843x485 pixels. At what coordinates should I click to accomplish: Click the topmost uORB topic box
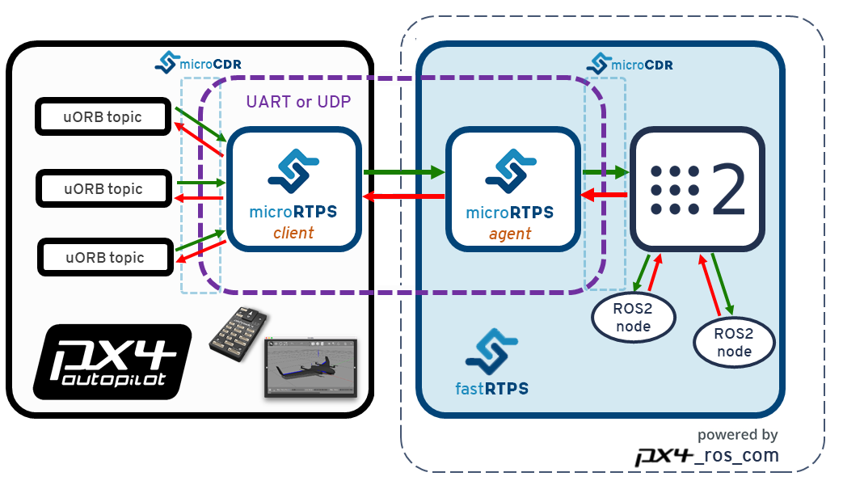point(103,117)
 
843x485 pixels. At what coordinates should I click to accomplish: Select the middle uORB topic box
point(103,189)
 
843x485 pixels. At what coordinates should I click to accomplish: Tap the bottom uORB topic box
point(105,258)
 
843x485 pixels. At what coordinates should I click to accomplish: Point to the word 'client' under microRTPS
point(293,233)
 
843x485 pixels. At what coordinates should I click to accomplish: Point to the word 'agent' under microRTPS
point(511,234)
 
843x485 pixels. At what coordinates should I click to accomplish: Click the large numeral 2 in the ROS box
point(728,191)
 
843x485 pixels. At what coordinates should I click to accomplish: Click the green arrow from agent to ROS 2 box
point(605,171)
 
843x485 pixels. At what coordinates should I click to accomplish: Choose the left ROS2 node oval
point(634,316)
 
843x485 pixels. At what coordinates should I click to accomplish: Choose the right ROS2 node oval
point(735,343)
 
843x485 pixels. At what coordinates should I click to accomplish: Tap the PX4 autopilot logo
point(112,363)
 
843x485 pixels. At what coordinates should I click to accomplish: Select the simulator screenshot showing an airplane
point(310,368)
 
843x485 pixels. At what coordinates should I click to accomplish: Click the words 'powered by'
point(737,435)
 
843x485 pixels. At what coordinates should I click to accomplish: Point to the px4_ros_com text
point(708,455)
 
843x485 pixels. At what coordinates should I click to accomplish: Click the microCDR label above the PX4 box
point(199,63)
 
